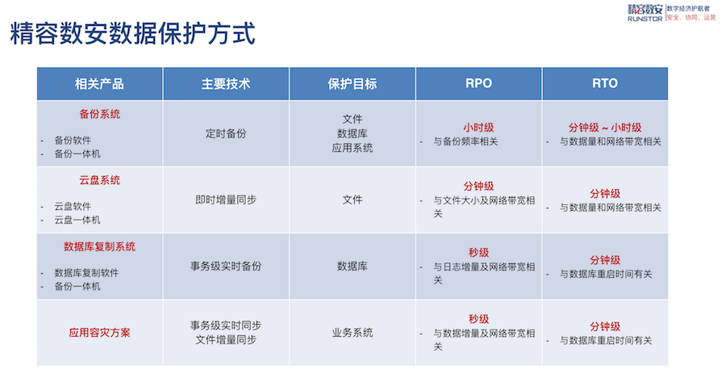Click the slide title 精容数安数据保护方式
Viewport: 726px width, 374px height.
(x=133, y=33)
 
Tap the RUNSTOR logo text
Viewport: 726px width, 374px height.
(x=645, y=19)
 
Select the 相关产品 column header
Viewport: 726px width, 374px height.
(x=99, y=84)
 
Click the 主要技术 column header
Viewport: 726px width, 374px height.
(x=226, y=84)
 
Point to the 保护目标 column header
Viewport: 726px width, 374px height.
(x=353, y=84)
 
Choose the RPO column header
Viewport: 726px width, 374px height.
(x=478, y=83)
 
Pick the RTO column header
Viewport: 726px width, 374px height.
(x=605, y=83)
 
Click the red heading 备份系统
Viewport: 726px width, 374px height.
(x=99, y=115)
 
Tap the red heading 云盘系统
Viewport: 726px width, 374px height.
(x=99, y=180)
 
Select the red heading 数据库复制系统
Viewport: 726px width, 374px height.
(x=99, y=246)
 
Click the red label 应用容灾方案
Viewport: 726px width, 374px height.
(x=99, y=333)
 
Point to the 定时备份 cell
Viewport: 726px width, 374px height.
(x=226, y=134)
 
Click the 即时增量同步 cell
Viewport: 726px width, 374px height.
(x=226, y=200)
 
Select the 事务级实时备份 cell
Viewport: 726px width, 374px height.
(x=226, y=266)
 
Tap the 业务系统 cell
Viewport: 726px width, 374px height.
(x=353, y=333)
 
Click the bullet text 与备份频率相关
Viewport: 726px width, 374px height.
(x=465, y=142)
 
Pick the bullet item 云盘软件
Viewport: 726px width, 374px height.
(x=73, y=207)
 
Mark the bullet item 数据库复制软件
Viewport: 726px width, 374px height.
(x=86, y=273)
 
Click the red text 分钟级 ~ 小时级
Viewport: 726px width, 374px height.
(x=605, y=128)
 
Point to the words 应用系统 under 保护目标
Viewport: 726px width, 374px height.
(x=353, y=149)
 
